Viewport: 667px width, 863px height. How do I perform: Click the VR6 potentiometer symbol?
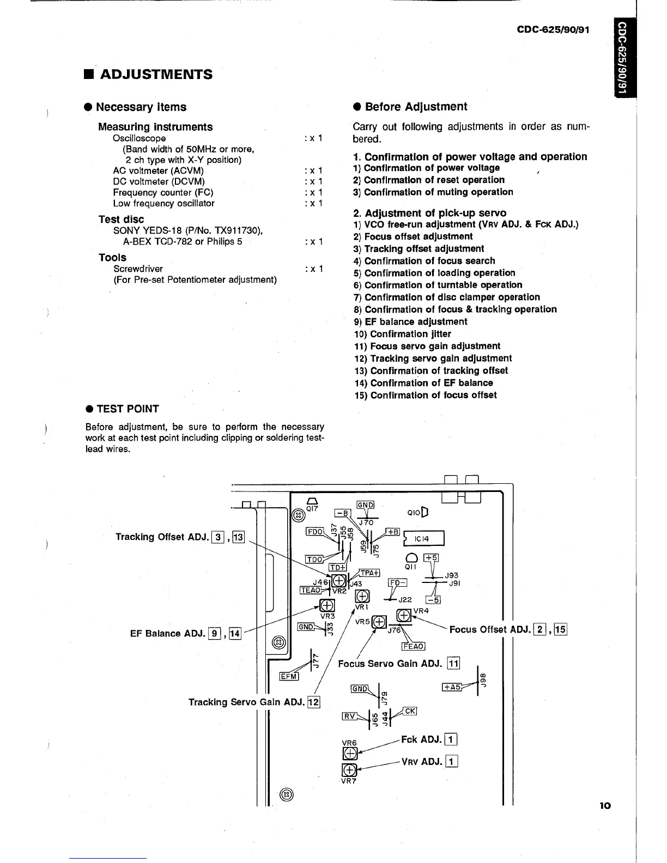tap(349, 754)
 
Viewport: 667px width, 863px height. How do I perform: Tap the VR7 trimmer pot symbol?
tap(349, 770)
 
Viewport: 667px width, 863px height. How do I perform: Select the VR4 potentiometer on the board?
tap(404, 616)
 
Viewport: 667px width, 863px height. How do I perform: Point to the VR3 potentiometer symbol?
tap(327, 606)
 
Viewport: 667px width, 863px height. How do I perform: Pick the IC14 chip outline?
tap(425, 538)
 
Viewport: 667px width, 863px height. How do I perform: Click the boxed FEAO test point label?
tap(413, 646)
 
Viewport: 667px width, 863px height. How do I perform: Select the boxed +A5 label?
tap(452, 688)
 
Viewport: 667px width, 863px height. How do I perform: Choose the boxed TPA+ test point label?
tap(369, 573)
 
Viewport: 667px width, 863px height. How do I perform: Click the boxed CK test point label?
tap(410, 711)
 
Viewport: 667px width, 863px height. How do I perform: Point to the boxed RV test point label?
tap(349, 716)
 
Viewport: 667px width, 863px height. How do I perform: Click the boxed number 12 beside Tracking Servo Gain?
tap(313, 702)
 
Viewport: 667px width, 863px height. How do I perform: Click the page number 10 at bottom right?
tap(605, 806)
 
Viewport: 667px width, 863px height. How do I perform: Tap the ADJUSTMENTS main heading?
tap(156, 74)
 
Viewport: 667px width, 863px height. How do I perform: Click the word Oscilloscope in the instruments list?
tap(140, 138)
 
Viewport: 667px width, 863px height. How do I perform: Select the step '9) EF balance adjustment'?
tap(410, 321)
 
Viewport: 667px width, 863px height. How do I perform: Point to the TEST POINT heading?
tap(127, 409)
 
